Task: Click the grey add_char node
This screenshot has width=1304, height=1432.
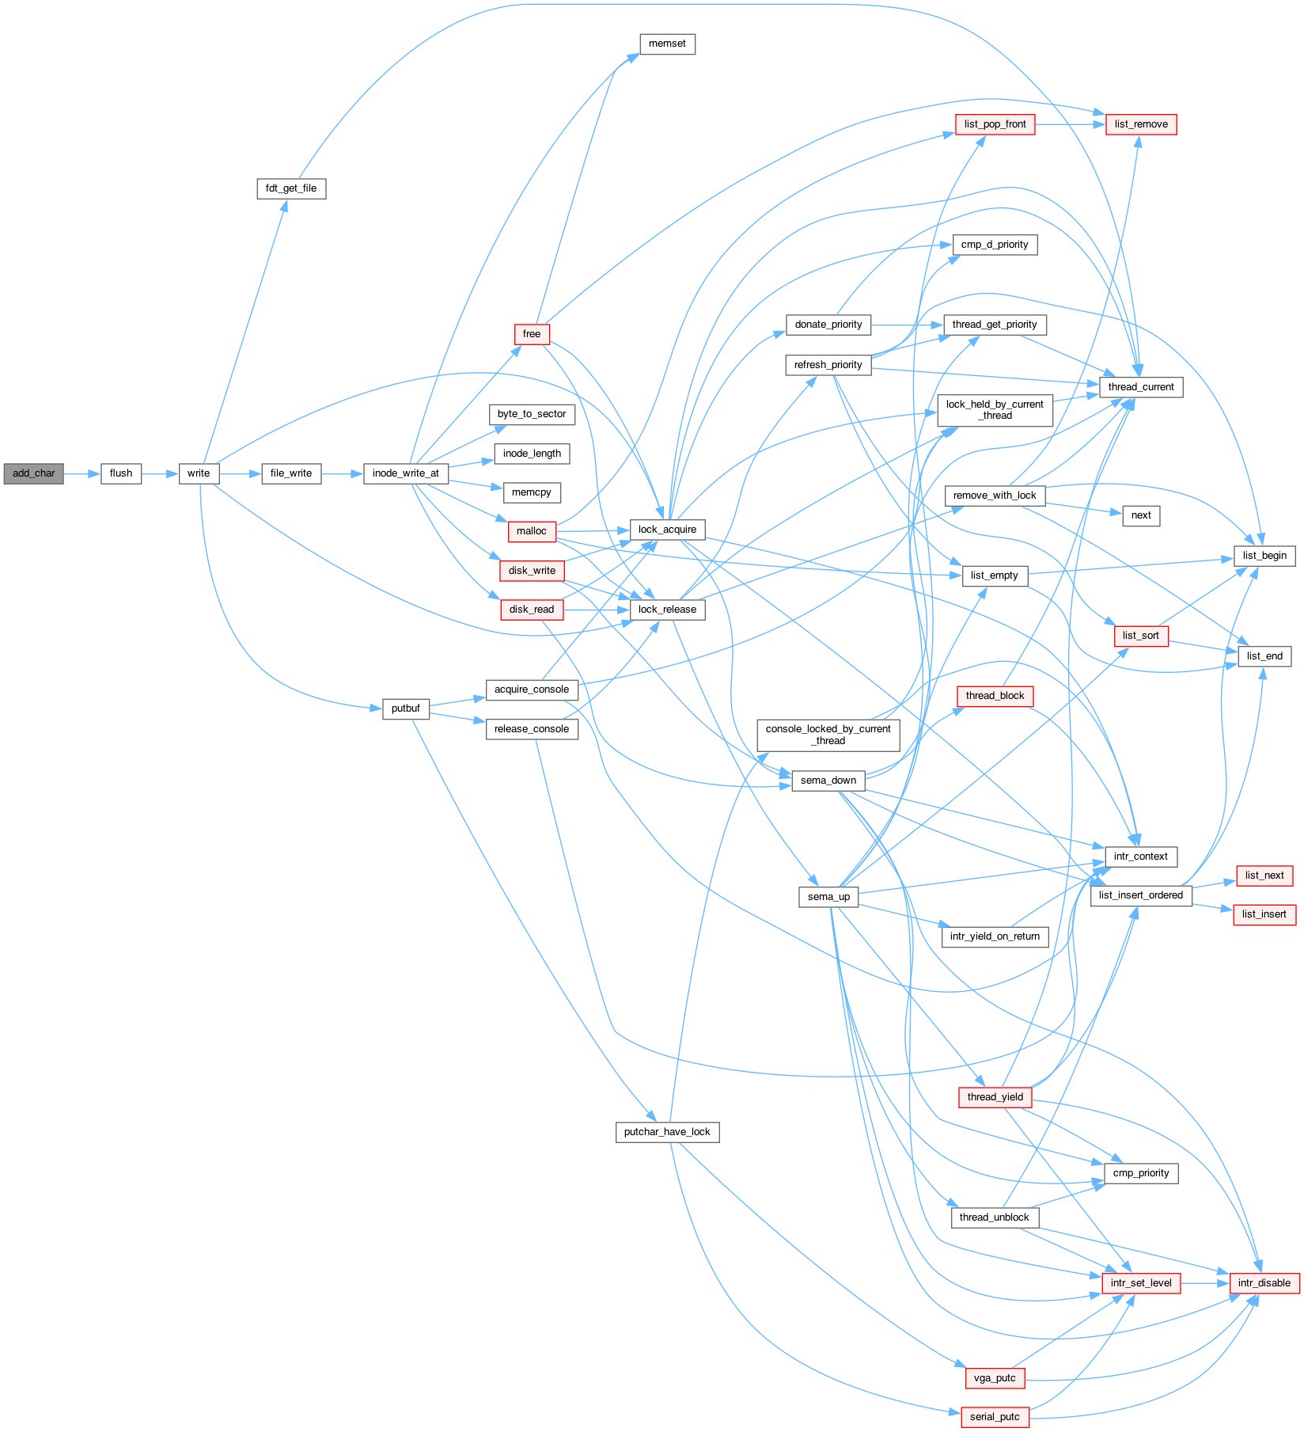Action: [x=34, y=473]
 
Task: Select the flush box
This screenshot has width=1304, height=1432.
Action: [x=121, y=473]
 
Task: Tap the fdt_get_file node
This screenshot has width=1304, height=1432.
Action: [x=291, y=188]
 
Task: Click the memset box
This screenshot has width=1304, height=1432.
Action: [x=667, y=44]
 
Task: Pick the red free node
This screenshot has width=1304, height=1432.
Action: [x=532, y=334]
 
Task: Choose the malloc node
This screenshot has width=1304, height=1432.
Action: [x=532, y=531]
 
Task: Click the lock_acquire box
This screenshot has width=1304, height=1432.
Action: [x=667, y=530]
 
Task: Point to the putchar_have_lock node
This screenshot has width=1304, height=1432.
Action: [x=667, y=1132]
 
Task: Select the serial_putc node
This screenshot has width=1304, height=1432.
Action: [x=995, y=1417]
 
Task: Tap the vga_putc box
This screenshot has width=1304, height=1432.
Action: [x=995, y=1378]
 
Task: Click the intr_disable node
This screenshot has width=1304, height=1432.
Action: [x=1264, y=1283]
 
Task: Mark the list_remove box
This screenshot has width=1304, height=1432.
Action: [x=1141, y=124]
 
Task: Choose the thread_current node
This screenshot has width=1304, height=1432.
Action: [x=1141, y=387]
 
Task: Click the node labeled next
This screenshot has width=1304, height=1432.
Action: [x=1141, y=515]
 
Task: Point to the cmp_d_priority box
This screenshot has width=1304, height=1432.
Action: [x=995, y=245]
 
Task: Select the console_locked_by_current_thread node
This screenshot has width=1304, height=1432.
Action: [x=828, y=735]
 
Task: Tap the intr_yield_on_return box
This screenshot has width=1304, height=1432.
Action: [x=995, y=936]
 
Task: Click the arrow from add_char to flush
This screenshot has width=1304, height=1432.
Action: [x=82, y=473]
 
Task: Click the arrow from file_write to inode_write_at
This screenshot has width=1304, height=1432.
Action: [x=342, y=473]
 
